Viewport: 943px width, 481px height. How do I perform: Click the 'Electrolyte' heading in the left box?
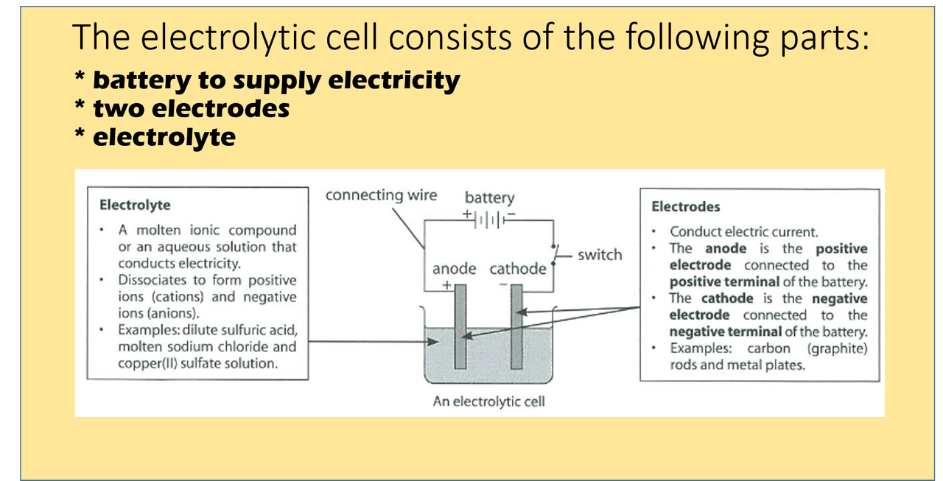tap(135, 205)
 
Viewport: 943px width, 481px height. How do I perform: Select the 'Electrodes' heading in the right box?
tap(686, 207)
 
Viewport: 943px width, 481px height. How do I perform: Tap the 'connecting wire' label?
tap(381, 195)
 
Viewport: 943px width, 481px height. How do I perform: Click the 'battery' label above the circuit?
tap(489, 197)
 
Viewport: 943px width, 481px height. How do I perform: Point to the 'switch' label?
tap(600, 255)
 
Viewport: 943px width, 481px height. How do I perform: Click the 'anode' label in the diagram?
tap(454, 269)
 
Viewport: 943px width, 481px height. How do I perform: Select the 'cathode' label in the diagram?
tap(518, 269)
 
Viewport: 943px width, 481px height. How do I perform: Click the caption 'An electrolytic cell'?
tap(488, 402)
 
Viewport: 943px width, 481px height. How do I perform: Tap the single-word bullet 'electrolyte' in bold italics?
tap(164, 137)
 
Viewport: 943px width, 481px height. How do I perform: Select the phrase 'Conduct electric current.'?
tap(744, 231)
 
